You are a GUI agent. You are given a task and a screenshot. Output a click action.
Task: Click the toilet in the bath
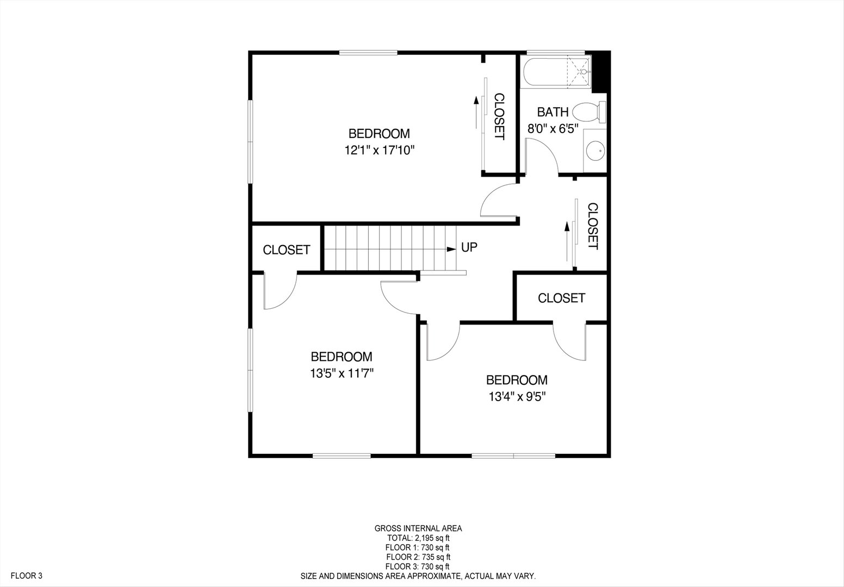(589, 112)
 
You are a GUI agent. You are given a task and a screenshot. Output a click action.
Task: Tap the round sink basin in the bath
(595, 151)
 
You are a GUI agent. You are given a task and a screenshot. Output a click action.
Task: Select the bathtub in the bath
(556, 72)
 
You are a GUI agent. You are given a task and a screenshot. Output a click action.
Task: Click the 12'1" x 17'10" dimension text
(380, 151)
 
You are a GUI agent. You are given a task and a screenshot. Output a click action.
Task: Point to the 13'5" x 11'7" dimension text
(342, 373)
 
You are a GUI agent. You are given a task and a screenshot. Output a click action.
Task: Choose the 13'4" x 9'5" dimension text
(517, 397)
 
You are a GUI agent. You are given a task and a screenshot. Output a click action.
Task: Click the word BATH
(553, 112)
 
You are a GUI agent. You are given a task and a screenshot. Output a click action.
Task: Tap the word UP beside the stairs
(469, 247)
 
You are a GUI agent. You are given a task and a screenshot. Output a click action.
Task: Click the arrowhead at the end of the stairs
(451, 249)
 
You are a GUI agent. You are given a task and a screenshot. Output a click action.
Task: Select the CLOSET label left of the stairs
(287, 249)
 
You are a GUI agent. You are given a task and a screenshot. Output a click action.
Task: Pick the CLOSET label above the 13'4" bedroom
(561, 298)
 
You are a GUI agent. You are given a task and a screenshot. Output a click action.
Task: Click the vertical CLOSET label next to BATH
(499, 116)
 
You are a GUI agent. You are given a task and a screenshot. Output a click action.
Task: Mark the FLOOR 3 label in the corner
(26, 576)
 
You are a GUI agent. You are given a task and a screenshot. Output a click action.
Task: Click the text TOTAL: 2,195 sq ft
(418, 538)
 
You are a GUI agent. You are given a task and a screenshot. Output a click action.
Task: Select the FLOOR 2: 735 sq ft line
(418, 557)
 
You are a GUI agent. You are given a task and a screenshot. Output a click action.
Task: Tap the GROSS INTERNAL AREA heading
(418, 528)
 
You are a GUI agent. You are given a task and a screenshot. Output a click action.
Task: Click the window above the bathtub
(555, 52)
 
